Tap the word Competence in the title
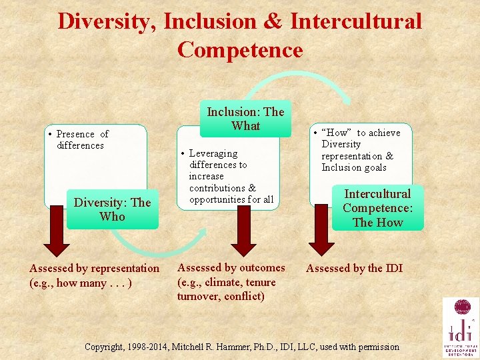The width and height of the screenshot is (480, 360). coord(240,50)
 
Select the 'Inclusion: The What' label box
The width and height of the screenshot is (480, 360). coord(245,119)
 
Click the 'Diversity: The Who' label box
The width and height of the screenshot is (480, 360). coord(112,209)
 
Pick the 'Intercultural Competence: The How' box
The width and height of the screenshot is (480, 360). coord(377,208)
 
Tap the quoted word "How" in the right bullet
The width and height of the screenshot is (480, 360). coord(338,133)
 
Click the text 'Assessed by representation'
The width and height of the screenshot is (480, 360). coord(95,269)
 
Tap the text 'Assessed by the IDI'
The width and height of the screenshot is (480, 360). coord(354,269)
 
